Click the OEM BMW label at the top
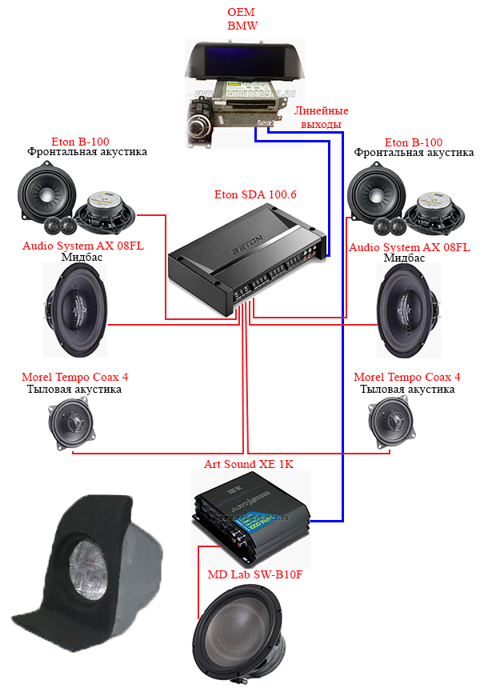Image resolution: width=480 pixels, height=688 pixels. coord(242,19)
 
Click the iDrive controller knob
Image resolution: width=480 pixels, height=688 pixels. coord(198,127)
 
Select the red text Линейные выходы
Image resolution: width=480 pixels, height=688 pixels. coord(321,117)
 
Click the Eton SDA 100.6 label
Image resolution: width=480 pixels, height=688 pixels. coord(255,194)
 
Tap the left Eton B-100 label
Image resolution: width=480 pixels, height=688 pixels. coord(80,142)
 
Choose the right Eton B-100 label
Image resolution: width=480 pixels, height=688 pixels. coord(414,142)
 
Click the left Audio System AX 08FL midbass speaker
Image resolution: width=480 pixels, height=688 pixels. coord(75,310)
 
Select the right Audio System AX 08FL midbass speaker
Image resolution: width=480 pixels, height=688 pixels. coord(409,310)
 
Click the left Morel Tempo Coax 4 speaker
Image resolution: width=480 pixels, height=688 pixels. coord(71,423)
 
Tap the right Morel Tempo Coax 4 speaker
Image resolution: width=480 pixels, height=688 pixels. coord(391,423)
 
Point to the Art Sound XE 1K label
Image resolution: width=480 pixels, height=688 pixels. coord(249,464)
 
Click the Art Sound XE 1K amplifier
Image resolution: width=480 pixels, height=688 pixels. coord(251,518)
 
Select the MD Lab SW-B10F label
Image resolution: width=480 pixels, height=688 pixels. coord(255,574)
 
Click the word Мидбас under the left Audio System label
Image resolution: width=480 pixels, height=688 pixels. coord(82,257)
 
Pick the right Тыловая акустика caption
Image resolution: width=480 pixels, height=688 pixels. coord(407,389)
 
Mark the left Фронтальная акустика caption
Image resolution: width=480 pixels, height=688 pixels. coord(87,152)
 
